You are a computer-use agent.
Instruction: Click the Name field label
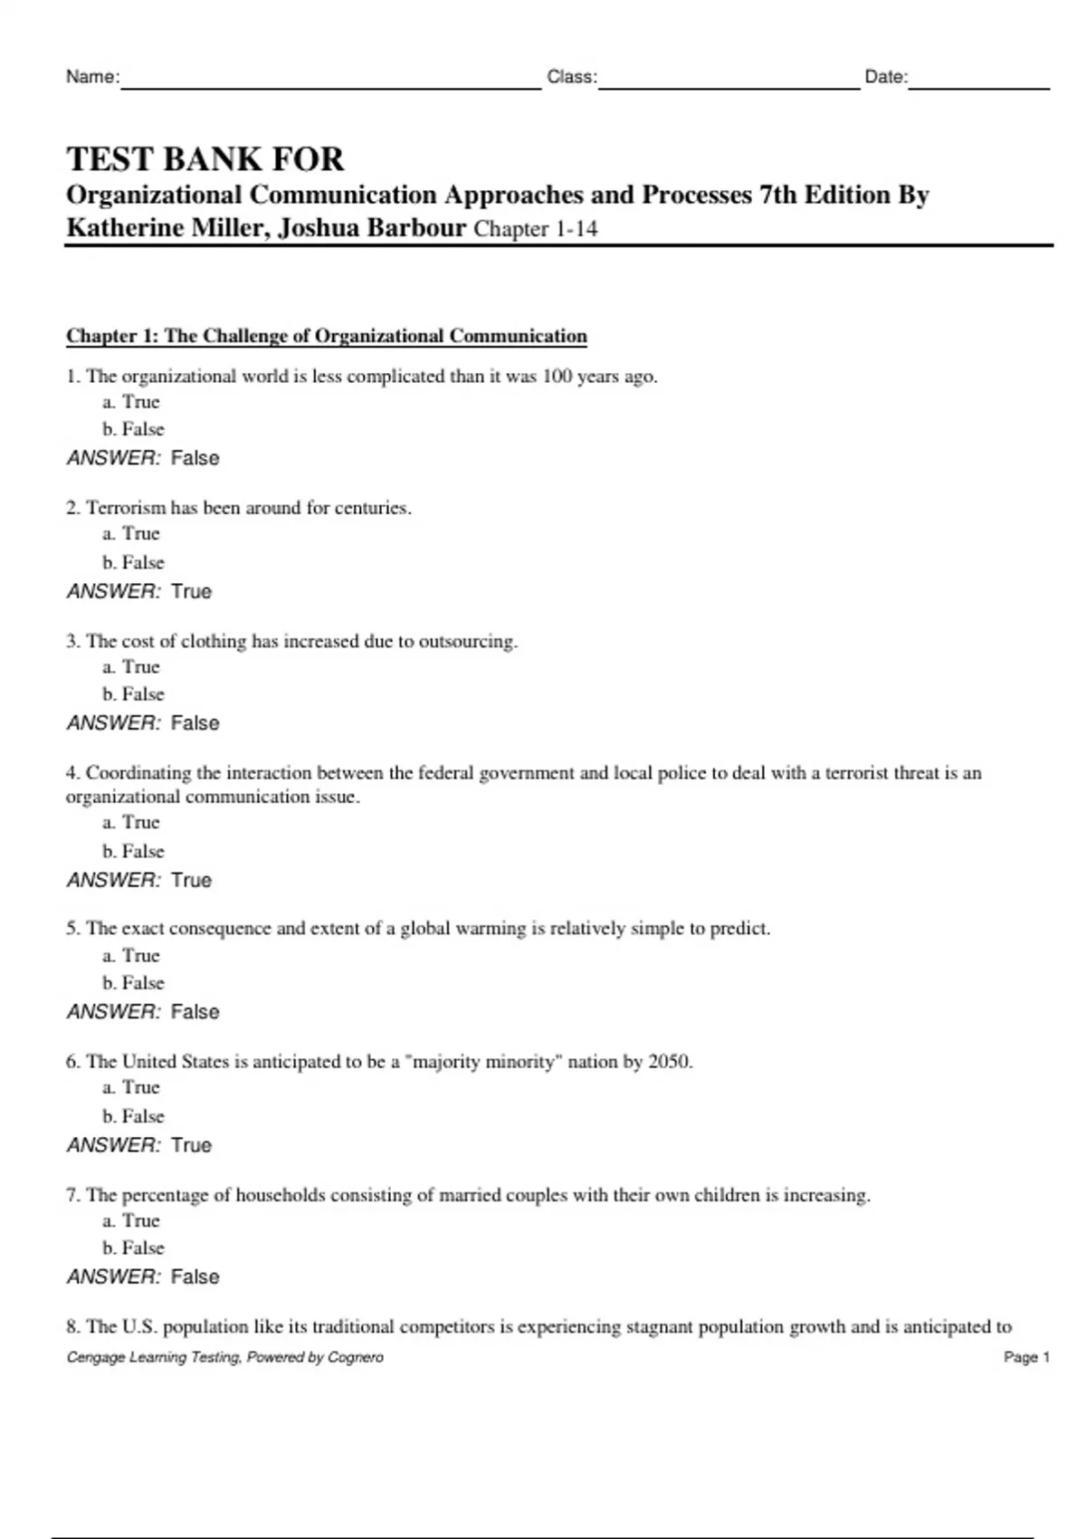[92, 77]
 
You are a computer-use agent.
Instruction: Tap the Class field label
[571, 77]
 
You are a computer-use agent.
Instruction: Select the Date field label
[885, 77]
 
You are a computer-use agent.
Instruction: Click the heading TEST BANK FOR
[205, 159]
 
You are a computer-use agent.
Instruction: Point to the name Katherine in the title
[124, 227]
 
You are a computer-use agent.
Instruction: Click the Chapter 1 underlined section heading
[327, 336]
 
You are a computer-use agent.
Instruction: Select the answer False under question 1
[195, 458]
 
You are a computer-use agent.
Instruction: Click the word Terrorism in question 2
[126, 508]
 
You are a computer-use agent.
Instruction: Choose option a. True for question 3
[131, 667]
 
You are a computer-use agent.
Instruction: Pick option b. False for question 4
[134, 851]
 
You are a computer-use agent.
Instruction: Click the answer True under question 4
[191, 880]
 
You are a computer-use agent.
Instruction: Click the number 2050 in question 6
[669, 1061]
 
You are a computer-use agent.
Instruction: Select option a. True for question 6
[131, 1087]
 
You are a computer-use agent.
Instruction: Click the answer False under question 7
[195, 1276]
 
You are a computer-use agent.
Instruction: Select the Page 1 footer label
[1026, 1357]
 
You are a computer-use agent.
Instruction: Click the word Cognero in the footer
[356, 1357]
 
